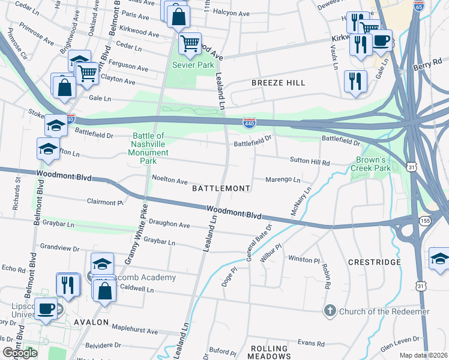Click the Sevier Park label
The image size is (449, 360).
(190, 64)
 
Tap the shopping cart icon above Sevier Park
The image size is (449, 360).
(190, 44)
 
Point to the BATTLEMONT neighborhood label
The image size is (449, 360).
(220, 188)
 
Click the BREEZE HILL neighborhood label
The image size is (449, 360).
(278, 82)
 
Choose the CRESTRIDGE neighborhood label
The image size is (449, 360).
(374, 262)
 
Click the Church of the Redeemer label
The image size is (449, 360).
(384, 311)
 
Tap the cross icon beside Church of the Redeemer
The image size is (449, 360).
(330, 311)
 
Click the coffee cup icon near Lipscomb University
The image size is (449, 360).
(46, 309)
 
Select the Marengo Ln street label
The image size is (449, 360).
(283, 179)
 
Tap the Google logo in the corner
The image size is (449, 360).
(20, 353)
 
